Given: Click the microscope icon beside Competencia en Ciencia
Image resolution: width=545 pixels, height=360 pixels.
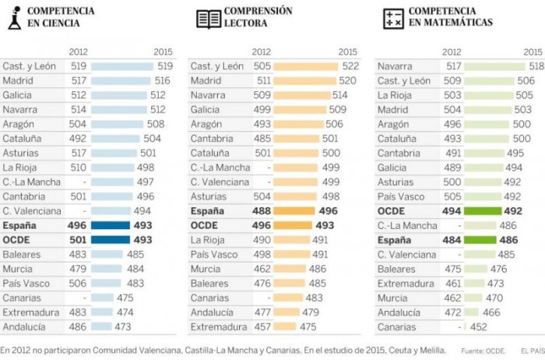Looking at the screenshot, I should click(x=13, y=18).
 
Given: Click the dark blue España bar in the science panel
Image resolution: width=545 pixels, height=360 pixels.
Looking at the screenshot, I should click(x=111, y=224).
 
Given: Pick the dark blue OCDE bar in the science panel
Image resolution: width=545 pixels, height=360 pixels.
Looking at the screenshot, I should click(x=111, y=239).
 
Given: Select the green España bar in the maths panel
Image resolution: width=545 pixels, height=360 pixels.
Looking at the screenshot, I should click(x=480, y=240).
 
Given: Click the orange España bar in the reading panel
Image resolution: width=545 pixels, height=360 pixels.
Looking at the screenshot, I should click(x=294, y=210).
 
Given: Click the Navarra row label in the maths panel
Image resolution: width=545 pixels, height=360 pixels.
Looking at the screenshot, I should click(x=395, y=66).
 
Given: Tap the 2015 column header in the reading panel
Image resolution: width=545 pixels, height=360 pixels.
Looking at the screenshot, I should click(x=347, y=52).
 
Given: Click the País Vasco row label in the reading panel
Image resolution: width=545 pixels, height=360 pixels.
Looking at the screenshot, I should click(x=216, y=254).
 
